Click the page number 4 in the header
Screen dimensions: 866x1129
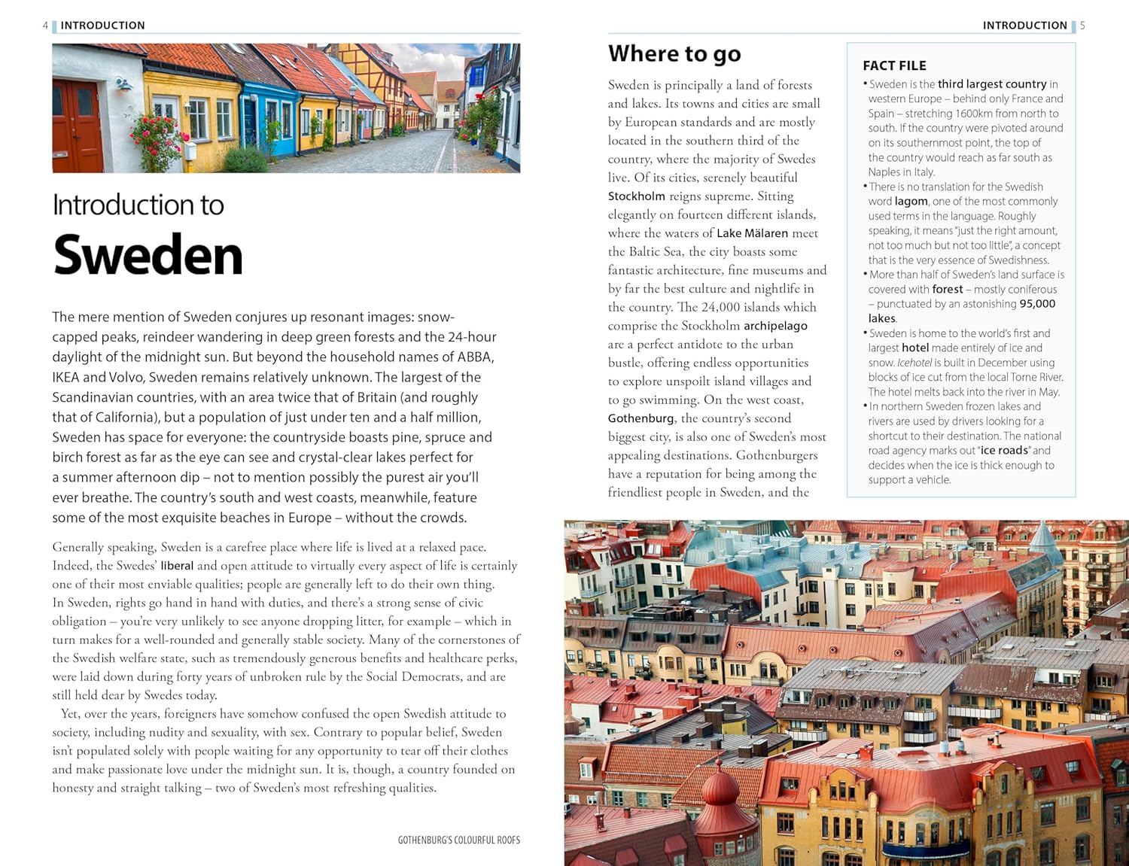[x=45, y=26]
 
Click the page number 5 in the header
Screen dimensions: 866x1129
[x=1082, y=26]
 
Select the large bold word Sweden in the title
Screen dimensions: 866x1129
[x=148, y=256]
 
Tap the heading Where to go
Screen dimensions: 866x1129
[x=674, y=54]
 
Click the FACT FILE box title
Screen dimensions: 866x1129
[x=894, y=65]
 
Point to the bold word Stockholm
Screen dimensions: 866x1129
[x=636, y=196]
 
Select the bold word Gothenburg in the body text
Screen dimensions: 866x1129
[x=641, y=418]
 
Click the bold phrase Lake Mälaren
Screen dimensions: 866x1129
[x=752, y=233]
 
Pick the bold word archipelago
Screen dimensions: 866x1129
[x=775, y=326]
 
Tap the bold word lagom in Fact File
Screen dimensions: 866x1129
[x=911, y=202]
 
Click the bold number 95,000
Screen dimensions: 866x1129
[x=1037, y=304]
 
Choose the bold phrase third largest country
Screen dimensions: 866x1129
[x=992, y=84]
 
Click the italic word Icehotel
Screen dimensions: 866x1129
[x=914, y=363]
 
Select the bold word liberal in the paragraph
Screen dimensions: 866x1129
[x=177, y=566]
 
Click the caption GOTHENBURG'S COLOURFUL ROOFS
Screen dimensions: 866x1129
[x=458, y=840]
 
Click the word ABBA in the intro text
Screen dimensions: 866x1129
[x=475, y=357]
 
